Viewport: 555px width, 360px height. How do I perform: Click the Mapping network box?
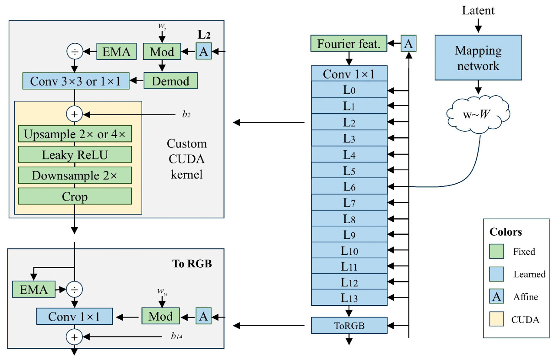[477, 58]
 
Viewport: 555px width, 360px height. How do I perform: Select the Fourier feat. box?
[349, 44]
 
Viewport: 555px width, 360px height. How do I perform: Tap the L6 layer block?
[349, 186]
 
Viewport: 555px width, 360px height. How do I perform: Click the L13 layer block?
[349, 298]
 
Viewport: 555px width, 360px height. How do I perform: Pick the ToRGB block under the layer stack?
[349, 325]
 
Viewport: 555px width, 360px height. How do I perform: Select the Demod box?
[170, 81]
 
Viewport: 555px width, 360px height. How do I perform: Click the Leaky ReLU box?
[75, 154]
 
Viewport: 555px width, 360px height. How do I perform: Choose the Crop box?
[75, 196]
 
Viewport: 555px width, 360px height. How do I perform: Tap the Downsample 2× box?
[75, 175]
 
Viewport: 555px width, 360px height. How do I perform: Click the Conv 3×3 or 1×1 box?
[76, 81]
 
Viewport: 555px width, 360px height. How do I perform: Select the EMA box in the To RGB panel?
[34, 289]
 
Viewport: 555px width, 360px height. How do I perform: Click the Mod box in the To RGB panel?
[160, 316]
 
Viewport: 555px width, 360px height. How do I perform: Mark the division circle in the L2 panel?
[74, 52]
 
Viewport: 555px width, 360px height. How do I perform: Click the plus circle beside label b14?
[74, 336]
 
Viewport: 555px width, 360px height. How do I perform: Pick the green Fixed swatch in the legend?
[496, 251]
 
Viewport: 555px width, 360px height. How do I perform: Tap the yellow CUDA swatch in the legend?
[496, 320]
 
